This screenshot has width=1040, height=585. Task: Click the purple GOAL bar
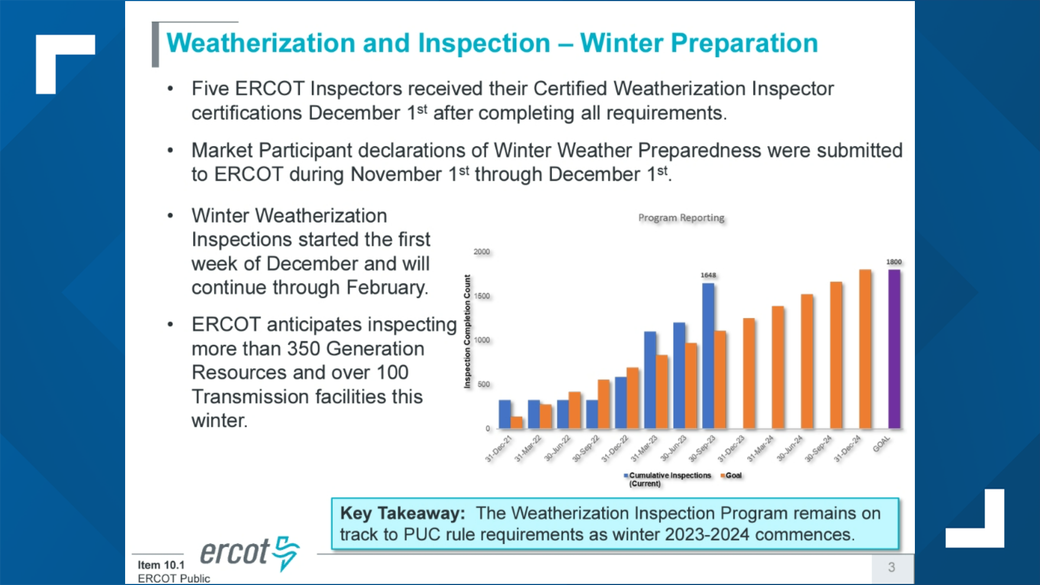(894, 349)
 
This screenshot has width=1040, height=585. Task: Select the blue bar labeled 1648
(708, 355)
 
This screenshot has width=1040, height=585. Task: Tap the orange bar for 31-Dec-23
(749, 373)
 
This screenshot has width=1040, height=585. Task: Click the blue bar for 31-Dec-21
(504, 414)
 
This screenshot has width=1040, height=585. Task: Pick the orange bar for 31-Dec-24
(865, 349)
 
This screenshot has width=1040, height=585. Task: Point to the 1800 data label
(894, 262)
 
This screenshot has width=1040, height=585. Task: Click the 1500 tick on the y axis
(482, 296)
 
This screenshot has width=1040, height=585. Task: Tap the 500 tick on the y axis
(483, 384)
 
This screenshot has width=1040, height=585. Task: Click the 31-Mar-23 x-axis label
(643, 448)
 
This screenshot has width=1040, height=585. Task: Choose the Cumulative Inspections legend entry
(669, 476)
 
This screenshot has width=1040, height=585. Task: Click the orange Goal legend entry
(733, 475)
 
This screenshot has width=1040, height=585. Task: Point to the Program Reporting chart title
(681, 218)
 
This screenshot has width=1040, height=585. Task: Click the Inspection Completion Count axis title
(467, 331)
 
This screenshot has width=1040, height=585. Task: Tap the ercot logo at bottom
(249, 552)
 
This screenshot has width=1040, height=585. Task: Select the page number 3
(891, 567)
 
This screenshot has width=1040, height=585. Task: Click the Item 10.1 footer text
(161, 565)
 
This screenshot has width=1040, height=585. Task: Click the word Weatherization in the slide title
(261, 43)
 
